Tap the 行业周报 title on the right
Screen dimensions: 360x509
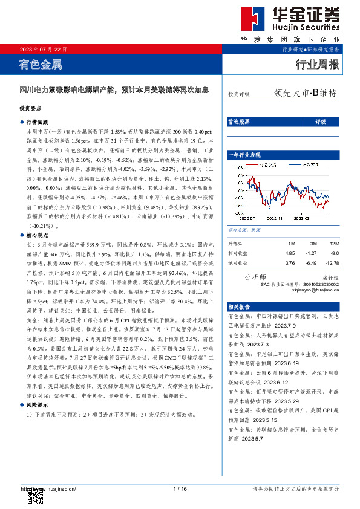[316, 65]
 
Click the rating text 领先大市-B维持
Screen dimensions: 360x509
[305, 94]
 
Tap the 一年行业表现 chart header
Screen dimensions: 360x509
[244, 155]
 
